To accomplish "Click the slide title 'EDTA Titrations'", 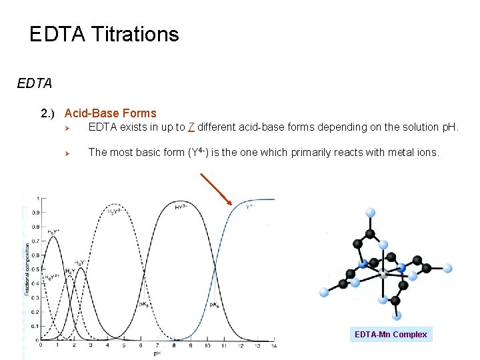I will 104,34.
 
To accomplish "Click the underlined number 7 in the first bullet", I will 191,127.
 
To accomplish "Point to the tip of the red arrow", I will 231,204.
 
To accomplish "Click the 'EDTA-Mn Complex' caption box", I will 391,334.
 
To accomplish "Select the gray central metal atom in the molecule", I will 383,274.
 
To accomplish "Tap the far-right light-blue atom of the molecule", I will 447,268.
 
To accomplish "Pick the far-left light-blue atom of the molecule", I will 324,292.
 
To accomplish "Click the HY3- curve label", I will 180,207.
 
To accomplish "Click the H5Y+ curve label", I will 52,231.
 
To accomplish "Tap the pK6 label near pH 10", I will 214,305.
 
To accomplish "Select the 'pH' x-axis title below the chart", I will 157,353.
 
